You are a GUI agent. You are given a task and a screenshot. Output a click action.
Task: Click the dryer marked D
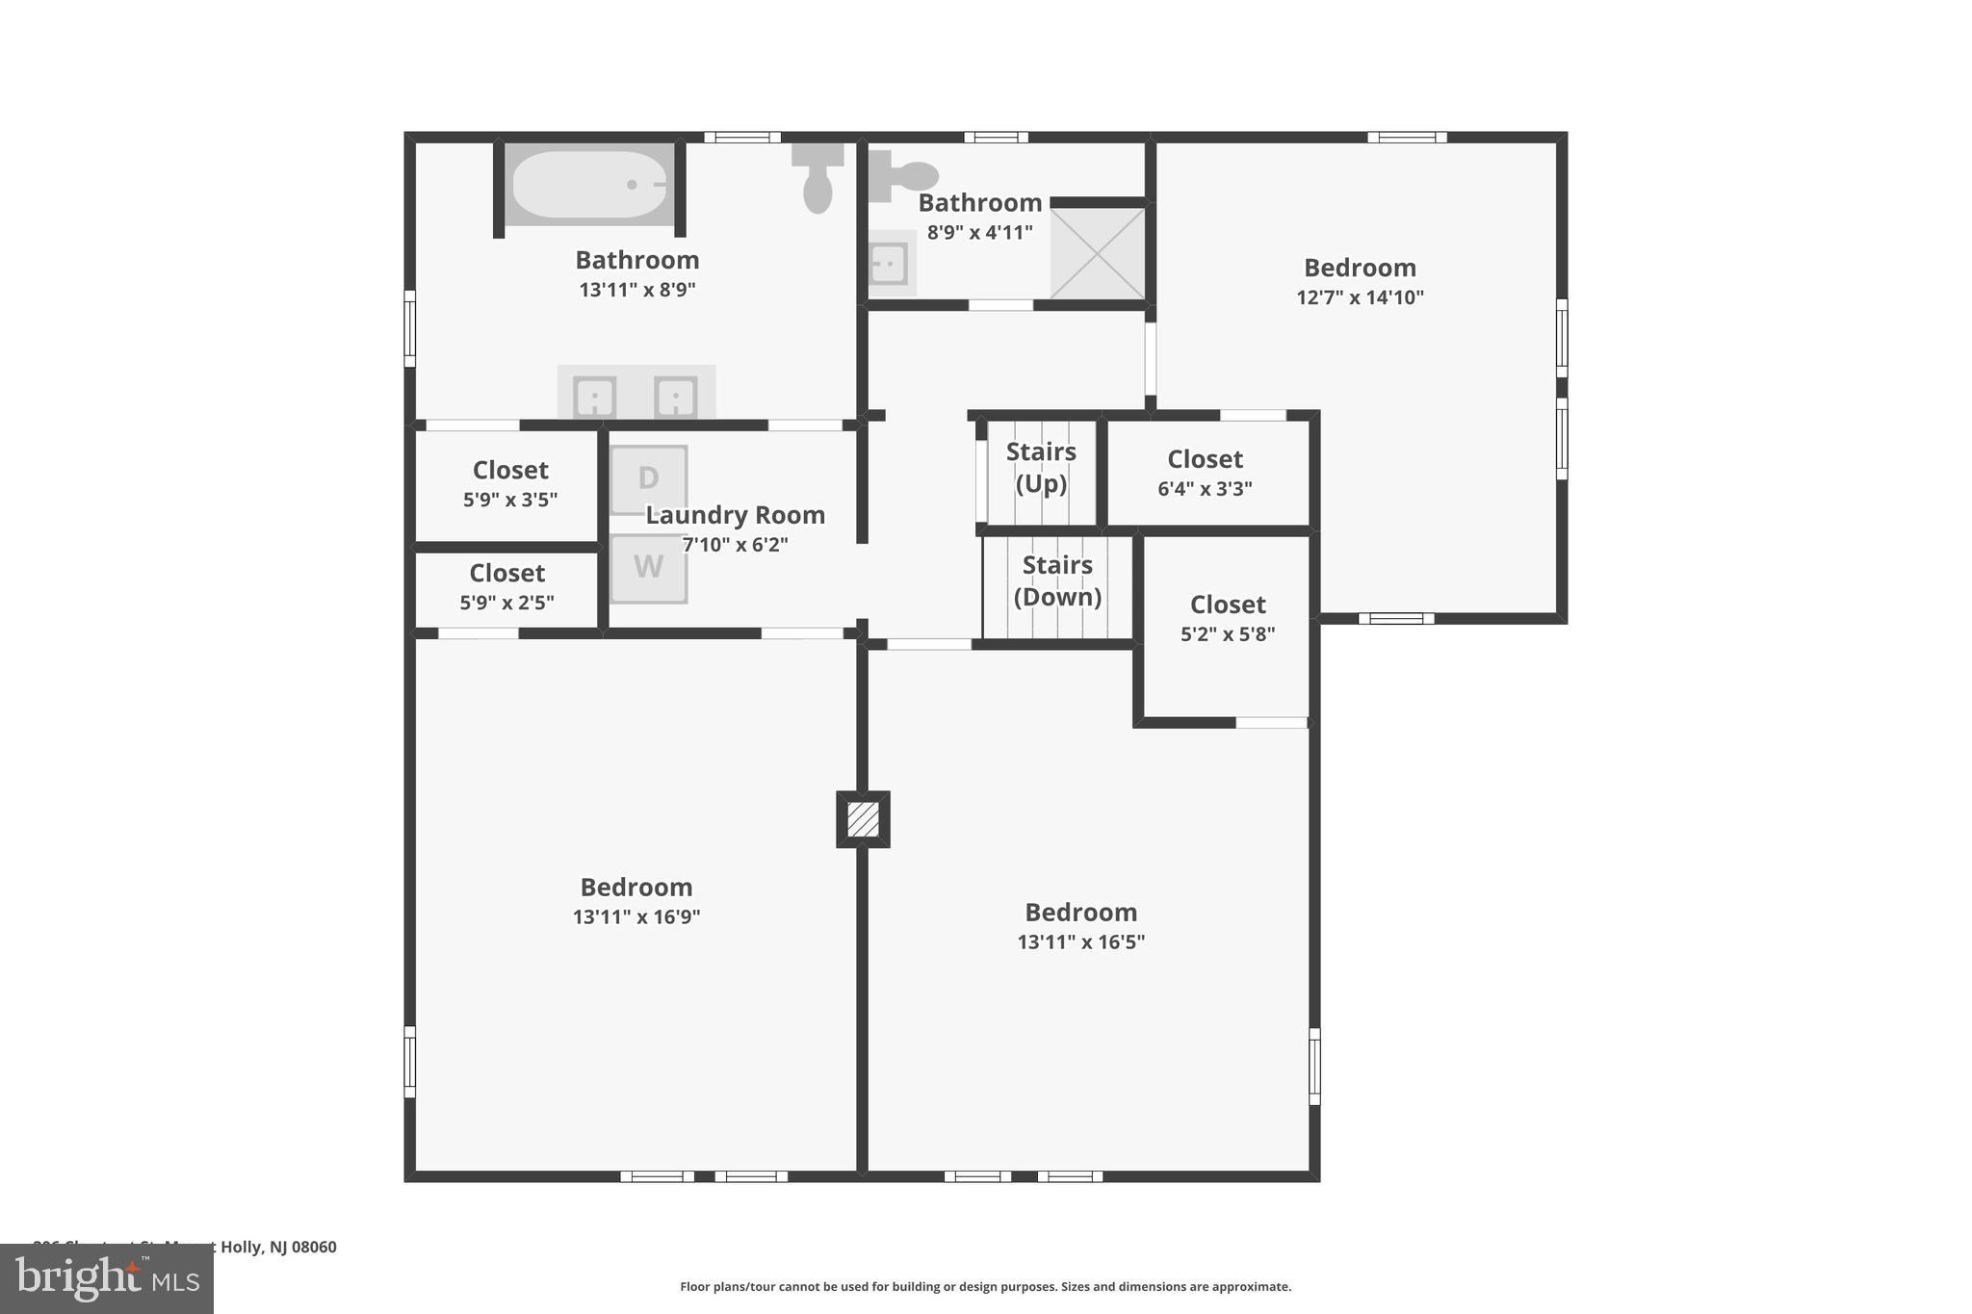[648, 478]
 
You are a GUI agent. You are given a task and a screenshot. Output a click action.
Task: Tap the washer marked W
[648, 568]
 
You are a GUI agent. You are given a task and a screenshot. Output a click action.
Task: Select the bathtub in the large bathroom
[589, 184]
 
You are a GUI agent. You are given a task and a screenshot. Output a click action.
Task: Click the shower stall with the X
[1097, 253]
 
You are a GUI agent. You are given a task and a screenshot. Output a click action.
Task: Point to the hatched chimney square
[863, 819]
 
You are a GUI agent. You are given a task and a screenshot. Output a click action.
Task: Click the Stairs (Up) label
[1041, 467]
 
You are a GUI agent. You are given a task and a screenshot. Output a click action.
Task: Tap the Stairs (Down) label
[1057, 580]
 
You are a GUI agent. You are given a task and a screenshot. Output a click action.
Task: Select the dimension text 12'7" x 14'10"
[1360, 297]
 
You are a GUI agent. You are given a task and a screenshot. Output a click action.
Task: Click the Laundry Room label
[735, 515]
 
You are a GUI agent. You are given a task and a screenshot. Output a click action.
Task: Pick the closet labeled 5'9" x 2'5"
[507, 587]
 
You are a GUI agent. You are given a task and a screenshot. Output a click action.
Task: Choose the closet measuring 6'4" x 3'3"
[1205, 473]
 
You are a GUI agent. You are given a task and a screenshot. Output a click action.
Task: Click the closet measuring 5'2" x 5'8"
[1228, 618]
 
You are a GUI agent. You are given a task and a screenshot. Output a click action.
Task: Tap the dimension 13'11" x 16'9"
[636, 916]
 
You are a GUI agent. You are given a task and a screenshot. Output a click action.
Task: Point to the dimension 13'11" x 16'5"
[1080, 941]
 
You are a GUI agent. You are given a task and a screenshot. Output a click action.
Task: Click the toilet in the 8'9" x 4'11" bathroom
[905, 176]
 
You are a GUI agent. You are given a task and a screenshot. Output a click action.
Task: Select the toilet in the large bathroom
[817, 179]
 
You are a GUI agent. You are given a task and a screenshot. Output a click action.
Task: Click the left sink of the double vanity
[594, 397]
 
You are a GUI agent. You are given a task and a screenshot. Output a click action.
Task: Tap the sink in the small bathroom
[888, 263]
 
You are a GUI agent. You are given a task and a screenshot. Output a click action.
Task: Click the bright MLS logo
[107, 1278]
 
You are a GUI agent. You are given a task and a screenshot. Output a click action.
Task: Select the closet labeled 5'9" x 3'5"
[510, 484]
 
